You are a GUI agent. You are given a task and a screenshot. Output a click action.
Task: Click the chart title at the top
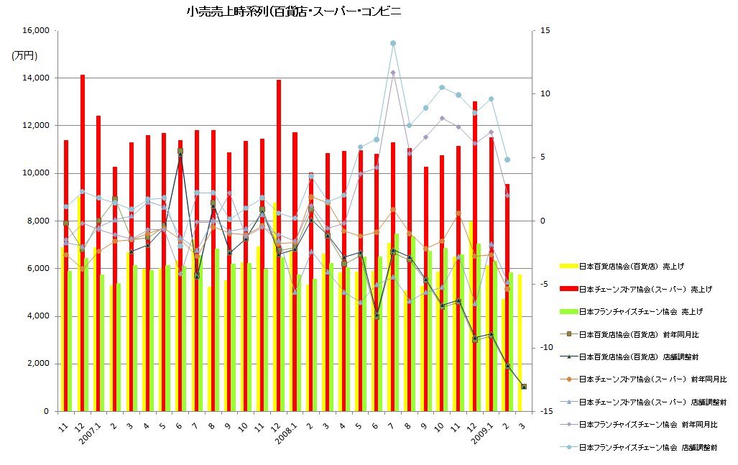[293, 12]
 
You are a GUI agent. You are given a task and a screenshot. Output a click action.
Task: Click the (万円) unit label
[25, 55]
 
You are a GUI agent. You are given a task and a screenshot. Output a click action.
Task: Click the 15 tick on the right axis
[545, 31]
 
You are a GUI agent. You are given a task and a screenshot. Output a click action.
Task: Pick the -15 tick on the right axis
[545, 411]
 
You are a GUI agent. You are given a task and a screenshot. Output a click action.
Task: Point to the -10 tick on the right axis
[545, 348]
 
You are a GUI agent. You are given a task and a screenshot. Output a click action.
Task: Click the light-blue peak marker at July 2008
[393, 43]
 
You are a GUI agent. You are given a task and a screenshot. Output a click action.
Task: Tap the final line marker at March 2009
[524, 386]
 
